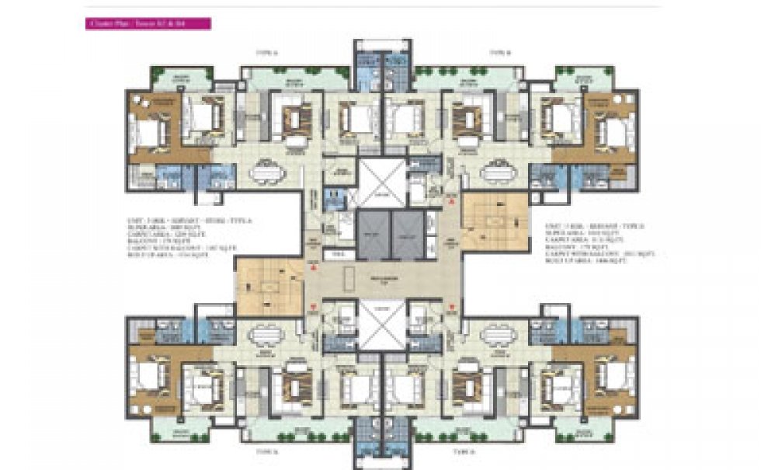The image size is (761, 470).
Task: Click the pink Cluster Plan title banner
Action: [x=147, y=24]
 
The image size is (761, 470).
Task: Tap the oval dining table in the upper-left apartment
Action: [x=266, y=172]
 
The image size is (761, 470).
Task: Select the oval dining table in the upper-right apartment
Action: [x=498, y=172]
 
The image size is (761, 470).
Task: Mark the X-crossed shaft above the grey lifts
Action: [x=380, y=183]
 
